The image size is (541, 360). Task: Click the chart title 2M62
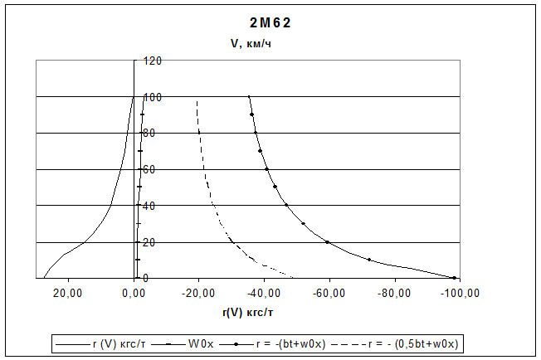270,22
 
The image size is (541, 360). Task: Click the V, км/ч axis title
251,44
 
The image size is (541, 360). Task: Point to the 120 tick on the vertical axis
152,61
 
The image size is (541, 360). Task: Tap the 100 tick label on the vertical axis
152,97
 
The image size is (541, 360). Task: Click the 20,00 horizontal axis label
69,292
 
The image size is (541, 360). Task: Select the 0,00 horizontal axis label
134,292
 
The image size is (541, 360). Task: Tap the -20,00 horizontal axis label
199,292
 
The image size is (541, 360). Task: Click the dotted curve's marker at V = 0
454,278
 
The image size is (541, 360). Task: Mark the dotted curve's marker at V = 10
369,260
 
